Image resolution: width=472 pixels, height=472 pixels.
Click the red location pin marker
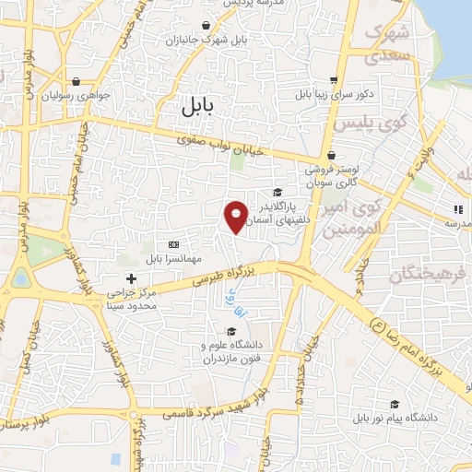pyautogui.click(x=236, y=216)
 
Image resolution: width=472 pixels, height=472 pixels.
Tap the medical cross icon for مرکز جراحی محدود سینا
pyautogui.click(x=132, y=277)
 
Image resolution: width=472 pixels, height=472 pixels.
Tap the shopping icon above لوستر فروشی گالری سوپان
pyautogui.click(x=331, y=156)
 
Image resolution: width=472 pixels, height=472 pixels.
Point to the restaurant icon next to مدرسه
pyautogui.click(x=458, y=208)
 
